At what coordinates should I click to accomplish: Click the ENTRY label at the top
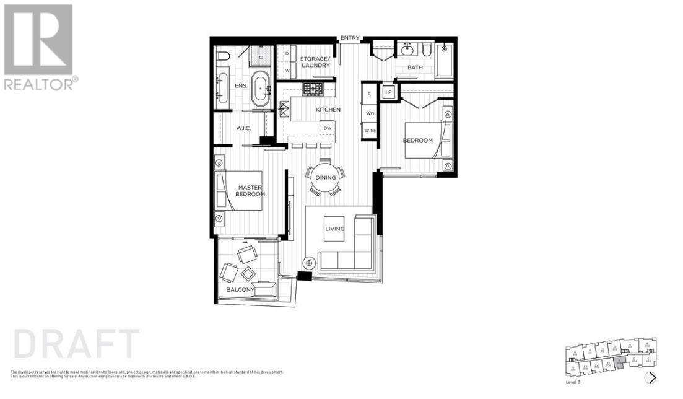(x=349, y=38)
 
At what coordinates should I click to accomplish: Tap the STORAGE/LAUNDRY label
(x=315, y=62)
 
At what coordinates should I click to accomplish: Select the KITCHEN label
(x=328, y=110)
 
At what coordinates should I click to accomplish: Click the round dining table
(x=326, y=177)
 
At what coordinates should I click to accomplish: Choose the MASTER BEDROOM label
(x=251, y=190)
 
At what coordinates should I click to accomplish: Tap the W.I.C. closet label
(x=242, y=128)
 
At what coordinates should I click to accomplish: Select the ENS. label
(x=241, y=86)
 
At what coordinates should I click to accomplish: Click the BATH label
(x=414, y=68)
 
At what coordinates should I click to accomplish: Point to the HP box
(x=389, y=92)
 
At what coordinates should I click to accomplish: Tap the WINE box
(x=370, y=131)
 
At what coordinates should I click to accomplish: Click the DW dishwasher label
(x=328, y=128)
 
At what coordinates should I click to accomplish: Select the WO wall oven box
(x=370, y=113)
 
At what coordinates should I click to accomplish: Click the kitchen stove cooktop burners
(x=311, y=88)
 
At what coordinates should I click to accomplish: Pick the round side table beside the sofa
(x=307, y=262)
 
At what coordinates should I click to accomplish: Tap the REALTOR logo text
(x=40, y=84)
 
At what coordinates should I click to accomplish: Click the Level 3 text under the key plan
(x=573, y=382)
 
